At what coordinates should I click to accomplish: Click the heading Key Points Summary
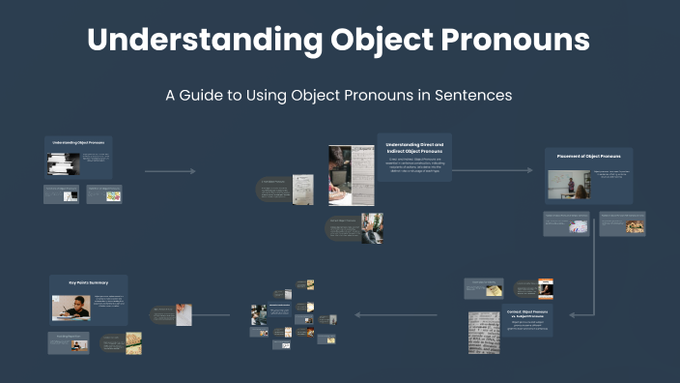(x=88, y=284)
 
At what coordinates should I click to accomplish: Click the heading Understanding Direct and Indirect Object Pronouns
(x=413, y=148)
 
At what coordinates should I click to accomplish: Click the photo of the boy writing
(x=71, y=308)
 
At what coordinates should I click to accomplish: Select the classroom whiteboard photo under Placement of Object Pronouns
(x=570, y=185)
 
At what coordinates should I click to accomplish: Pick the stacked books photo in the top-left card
(x=64, y=163)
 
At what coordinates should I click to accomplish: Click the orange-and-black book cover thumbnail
(x=546, y=289)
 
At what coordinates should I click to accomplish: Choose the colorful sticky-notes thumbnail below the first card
(x=113, y=194)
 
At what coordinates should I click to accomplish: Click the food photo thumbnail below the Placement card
(x=634, y=225)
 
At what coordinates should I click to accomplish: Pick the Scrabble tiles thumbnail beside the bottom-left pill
(x=133, y=343)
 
